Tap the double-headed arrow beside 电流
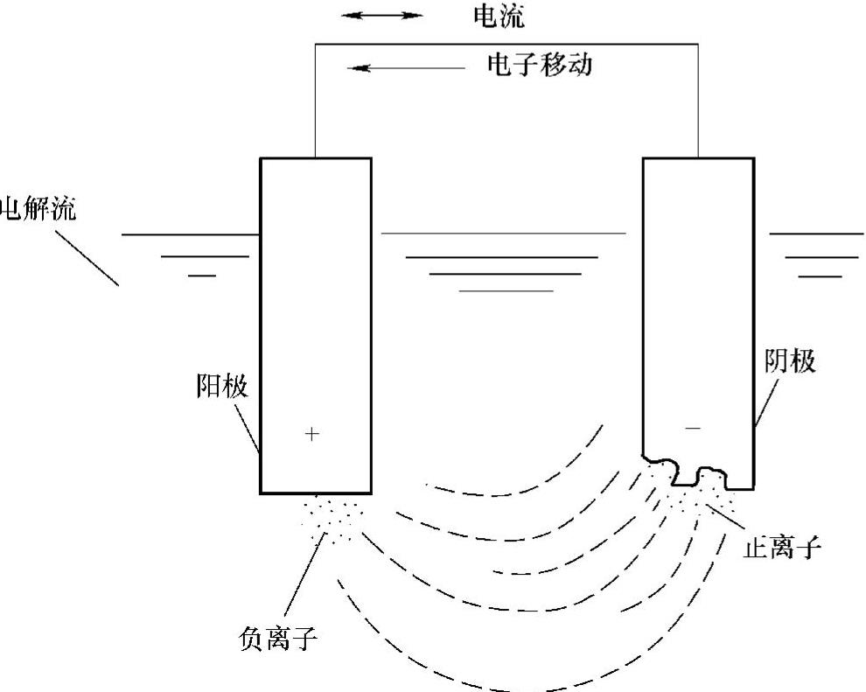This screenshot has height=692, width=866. point(381,16)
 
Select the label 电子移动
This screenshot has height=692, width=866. point(539,64)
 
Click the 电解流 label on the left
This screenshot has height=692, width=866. point(38,210)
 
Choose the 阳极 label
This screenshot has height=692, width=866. point(222,386)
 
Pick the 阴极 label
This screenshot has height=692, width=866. point(789,360)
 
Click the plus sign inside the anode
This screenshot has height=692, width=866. point(312,434)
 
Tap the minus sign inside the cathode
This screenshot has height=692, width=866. point(693,428)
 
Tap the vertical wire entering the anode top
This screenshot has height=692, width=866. point(315,101)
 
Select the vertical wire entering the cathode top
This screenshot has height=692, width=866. point(698,101)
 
